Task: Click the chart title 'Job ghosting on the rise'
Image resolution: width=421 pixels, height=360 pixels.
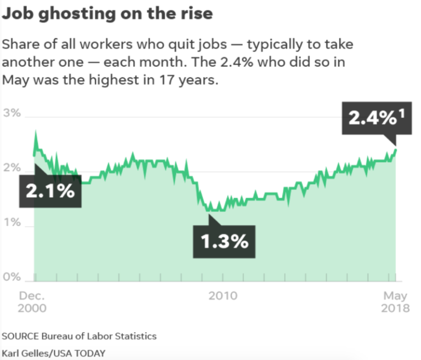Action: coord(107,13)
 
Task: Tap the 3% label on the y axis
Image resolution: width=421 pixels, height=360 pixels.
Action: coord(12,113)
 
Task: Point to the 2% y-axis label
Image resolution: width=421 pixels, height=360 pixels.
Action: coord(12,168)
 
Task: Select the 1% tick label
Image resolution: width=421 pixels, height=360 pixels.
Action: coord(12,222)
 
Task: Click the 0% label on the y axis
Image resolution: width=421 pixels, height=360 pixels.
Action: coord(12,277)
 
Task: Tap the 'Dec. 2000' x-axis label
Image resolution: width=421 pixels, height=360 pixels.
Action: coord(32,302)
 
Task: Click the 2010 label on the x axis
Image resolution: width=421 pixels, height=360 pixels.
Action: coord(223,296)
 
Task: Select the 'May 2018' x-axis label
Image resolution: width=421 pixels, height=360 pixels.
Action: coord(395,302)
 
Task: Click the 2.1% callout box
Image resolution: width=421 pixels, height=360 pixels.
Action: coord(50,191)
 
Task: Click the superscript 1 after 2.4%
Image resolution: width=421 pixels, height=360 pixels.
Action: coord(401,113)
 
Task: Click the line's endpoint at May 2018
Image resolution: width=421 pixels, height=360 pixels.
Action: coord(396,150)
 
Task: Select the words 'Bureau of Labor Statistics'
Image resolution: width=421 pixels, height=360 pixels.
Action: coord(99,336)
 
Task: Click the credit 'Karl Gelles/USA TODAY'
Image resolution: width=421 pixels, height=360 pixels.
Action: coord(53,353)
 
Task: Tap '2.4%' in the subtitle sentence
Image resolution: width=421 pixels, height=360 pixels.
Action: coord(237,62)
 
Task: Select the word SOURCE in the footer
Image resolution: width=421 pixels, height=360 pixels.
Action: coord(20,336)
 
